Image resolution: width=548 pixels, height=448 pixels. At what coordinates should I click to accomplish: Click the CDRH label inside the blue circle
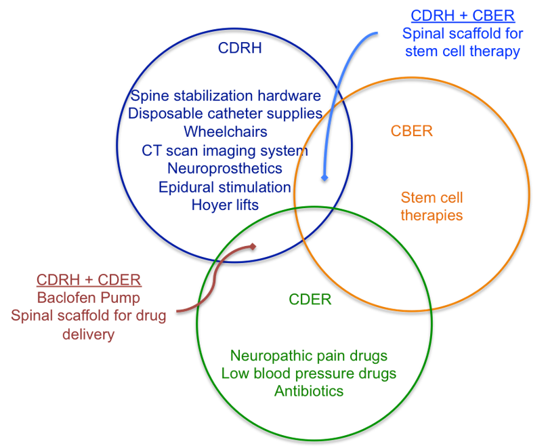click(240, 48)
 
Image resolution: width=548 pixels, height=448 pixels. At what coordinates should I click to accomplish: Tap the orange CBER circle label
click(411, 131)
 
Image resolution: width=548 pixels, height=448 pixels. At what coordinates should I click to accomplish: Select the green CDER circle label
click(310, 300)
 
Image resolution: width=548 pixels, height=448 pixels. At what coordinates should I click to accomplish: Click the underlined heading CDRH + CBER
click(463, 16)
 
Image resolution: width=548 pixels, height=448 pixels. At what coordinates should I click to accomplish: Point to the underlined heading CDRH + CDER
click(89, 280)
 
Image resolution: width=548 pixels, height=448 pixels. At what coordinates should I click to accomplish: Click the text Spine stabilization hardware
click(226, 96)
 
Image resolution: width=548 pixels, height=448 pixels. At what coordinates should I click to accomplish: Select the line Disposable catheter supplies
click(225, 114)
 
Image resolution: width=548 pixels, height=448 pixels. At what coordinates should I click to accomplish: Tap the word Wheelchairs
click(226, 132)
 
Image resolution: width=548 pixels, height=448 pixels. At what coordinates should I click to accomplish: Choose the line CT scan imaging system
click(225, 150)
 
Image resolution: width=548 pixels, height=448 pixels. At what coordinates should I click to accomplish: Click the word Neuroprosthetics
click(225, 169)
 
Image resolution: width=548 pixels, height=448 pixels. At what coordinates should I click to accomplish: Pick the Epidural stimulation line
click(225, 188)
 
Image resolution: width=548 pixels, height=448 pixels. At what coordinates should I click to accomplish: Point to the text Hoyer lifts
click(225, 205)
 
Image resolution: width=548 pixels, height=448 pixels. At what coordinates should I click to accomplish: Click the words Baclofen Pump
click(89, 298)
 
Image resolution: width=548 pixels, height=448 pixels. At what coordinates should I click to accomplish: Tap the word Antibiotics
click(309, 391)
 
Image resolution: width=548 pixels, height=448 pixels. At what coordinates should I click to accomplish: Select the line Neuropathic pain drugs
click(309, 356)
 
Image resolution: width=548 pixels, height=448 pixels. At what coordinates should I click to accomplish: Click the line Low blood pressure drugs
click(309, 373)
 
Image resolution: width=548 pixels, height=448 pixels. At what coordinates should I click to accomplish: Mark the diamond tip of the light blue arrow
click(324, 178)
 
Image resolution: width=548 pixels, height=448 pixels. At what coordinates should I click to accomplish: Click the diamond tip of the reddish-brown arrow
click(253, 247)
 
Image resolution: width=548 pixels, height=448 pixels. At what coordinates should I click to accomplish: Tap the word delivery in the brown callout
click(89, 334)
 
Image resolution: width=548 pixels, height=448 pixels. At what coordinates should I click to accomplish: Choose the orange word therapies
click(431, 216)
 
